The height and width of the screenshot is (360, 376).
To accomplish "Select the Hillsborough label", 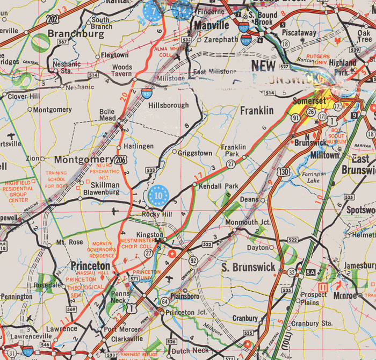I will tap(169, 105).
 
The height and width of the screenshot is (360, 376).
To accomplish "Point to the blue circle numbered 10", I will tap(158, 195).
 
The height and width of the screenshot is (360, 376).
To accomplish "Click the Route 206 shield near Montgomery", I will tap(121, 160).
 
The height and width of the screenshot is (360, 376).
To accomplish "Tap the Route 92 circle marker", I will tap(192, 260).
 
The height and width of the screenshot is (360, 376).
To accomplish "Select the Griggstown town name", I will tap(195, 153).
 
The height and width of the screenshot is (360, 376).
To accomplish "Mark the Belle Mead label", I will tap(107, 115).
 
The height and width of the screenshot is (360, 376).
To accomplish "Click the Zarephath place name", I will tap(219, 40).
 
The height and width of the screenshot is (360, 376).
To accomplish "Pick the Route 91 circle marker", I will tap(295, 117).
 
